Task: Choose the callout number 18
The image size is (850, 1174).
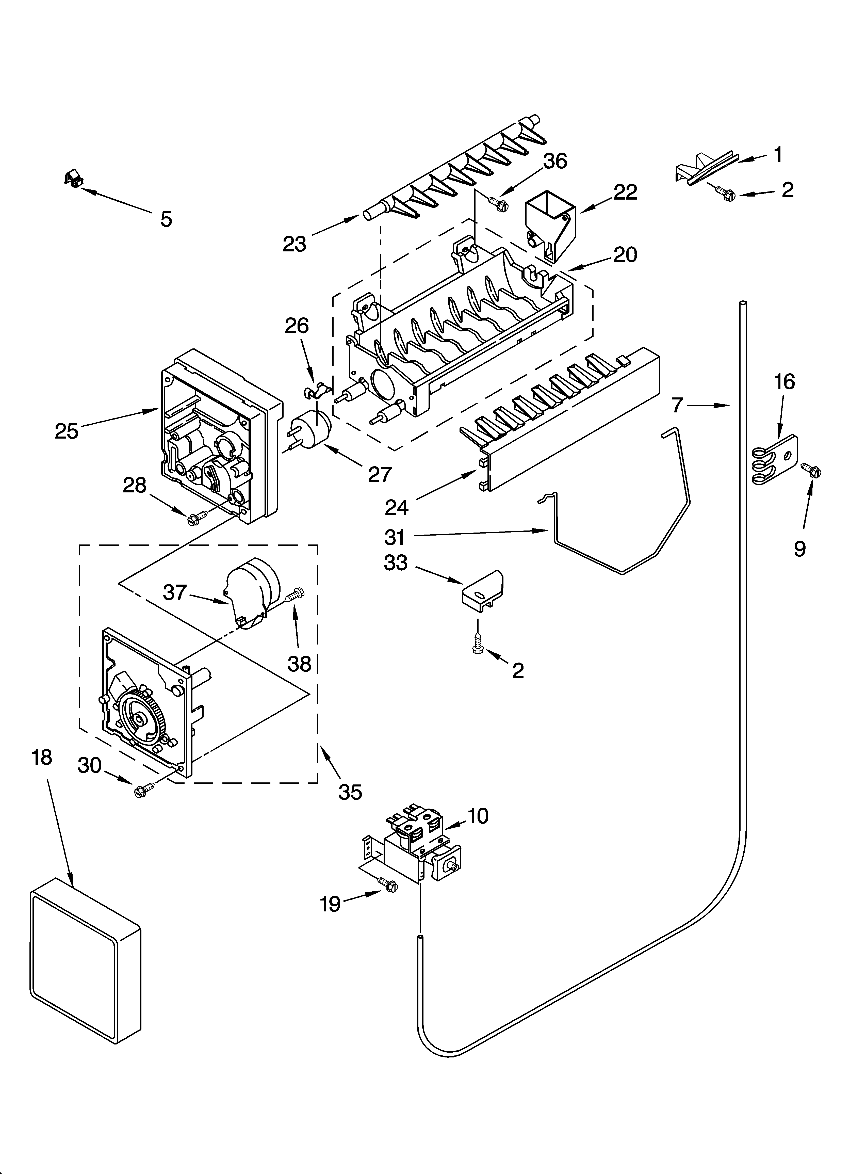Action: pyautogui.click(x=42, y=757)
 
